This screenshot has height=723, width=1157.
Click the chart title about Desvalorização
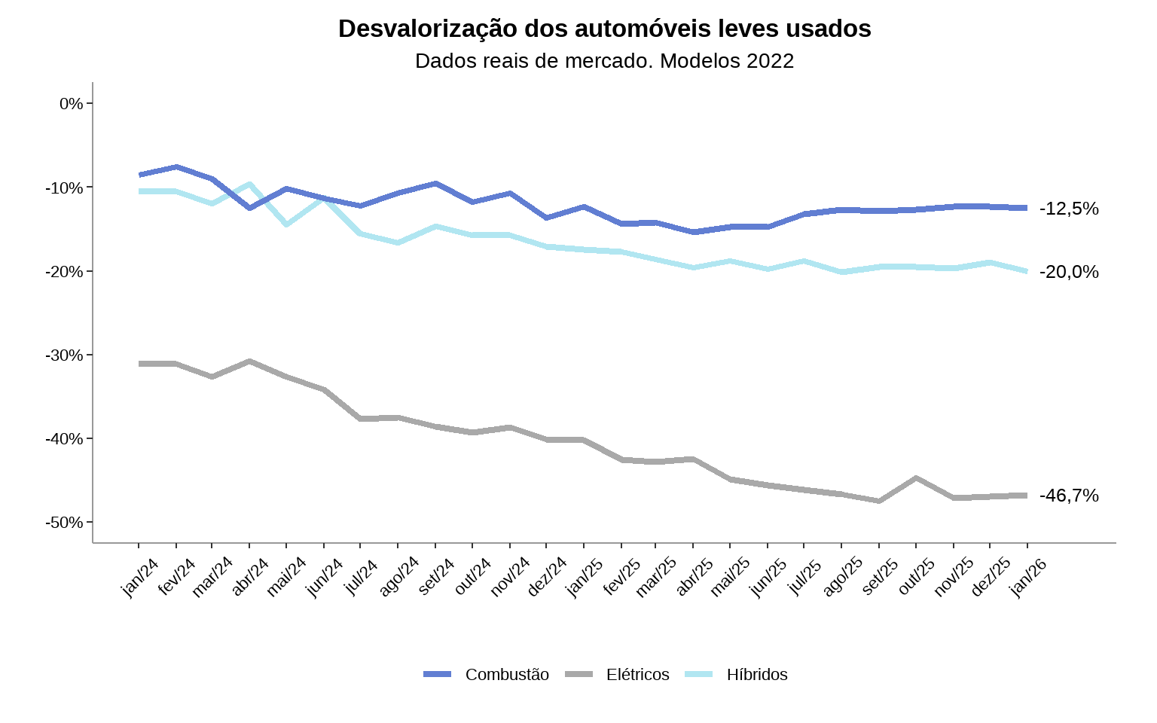604,29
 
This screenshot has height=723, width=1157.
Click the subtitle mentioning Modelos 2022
604,61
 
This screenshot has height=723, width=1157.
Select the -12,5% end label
1069,209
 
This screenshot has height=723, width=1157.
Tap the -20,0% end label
1069,272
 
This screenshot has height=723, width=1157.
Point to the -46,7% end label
1069,496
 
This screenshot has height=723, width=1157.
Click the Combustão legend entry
506,675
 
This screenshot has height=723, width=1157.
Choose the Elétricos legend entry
637,675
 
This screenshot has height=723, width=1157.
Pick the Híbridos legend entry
756,675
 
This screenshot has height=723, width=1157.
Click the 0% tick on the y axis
72,103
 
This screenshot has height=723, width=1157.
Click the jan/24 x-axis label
140,578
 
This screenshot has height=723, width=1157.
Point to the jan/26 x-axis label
1029,578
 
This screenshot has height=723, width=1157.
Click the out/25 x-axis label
917,578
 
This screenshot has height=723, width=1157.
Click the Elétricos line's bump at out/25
916,477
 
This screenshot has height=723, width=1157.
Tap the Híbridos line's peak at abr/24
249,184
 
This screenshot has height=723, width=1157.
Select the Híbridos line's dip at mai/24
286,224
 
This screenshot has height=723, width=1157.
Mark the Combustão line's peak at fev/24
176,166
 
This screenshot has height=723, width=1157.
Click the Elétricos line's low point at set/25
879,501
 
